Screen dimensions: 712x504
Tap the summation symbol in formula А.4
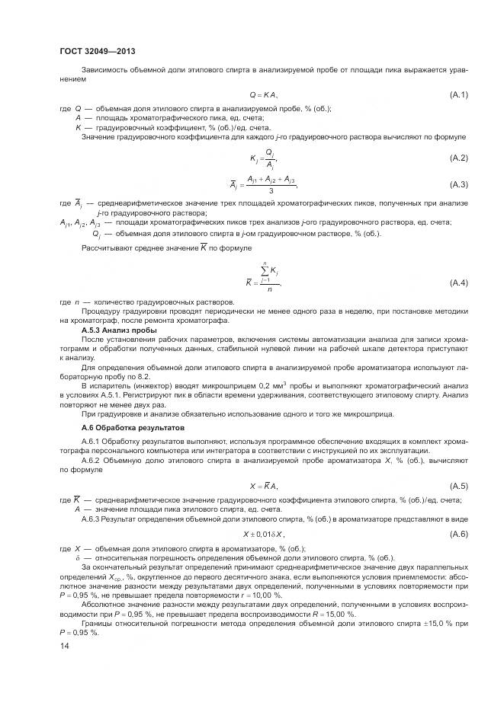point(264,271)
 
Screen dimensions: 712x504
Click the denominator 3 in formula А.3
point(271,190)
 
